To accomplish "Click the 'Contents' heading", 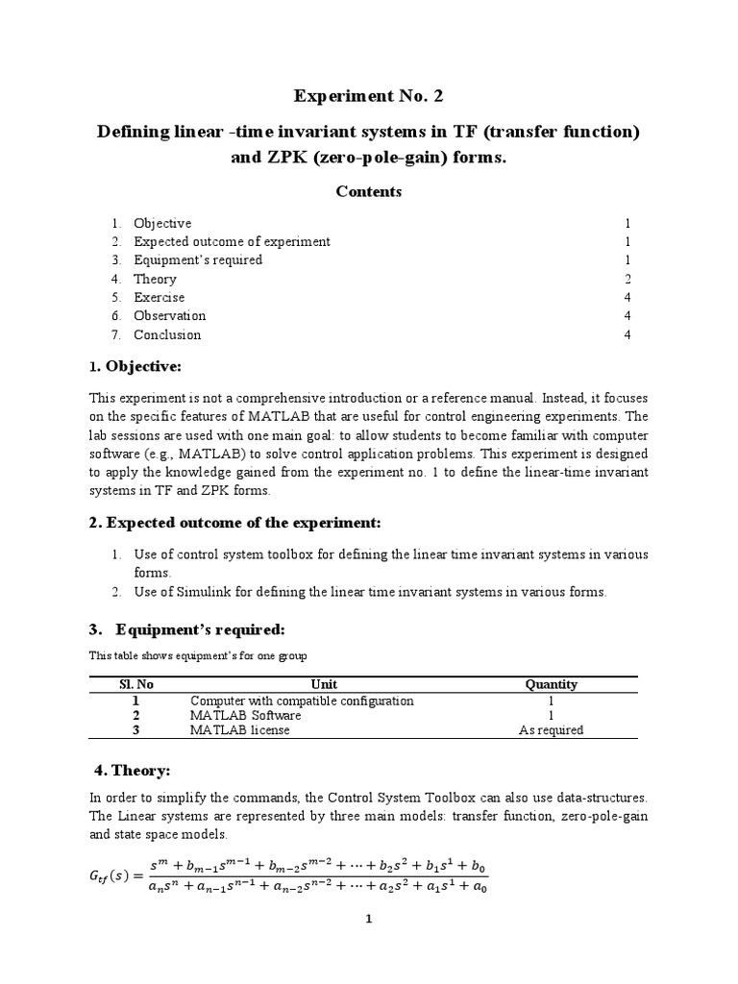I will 368,192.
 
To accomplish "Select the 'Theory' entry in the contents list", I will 155,279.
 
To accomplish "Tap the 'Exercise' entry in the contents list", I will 159,298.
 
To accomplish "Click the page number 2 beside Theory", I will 627,279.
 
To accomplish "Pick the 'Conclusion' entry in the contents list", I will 167,334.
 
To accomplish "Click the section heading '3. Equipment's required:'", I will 186,629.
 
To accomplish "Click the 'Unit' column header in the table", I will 325,684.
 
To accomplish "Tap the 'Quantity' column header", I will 551,684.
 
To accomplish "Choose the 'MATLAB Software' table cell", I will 245,715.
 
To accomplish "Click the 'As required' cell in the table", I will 551,729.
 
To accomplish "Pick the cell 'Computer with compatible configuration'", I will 302,701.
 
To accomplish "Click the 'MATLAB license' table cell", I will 239,729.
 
